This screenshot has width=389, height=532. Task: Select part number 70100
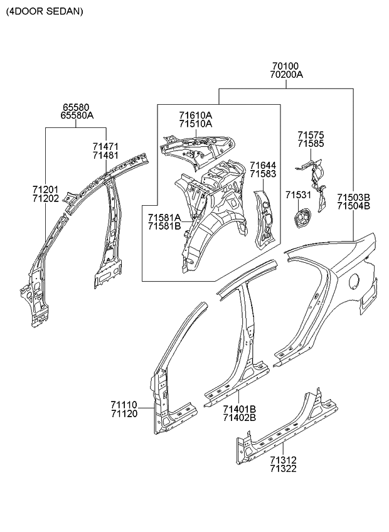point(285,66)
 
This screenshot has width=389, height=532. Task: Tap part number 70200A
point(286,75)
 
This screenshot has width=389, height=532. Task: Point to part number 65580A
point(77,115)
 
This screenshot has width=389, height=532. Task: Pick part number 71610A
point(195,115)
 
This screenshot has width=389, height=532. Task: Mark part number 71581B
point(164,226)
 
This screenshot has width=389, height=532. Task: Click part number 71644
point(262,165)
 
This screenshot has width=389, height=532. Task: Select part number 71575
point(311,135)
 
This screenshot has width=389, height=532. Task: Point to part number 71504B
point(353,205)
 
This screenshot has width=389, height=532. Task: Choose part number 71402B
point(239,417)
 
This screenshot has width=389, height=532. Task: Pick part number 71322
point(284,468)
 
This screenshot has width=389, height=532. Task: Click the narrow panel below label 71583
point(264,220)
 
